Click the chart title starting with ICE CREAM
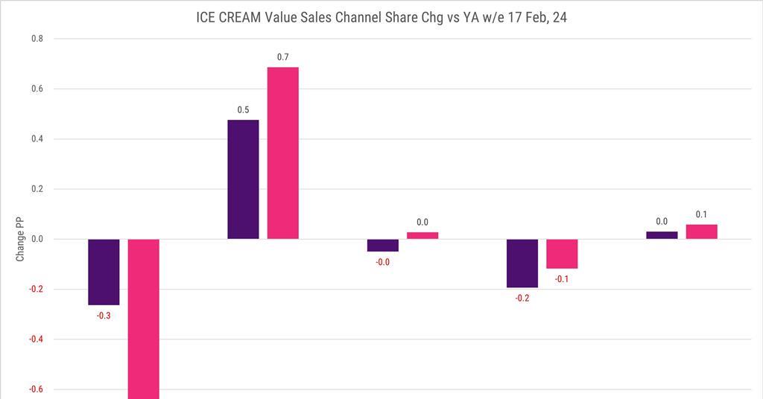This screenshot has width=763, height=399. [381, 17]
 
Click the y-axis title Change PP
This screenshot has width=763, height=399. [20, 239]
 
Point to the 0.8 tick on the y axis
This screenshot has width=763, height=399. [37, 39]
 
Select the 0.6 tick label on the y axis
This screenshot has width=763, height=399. [37, 89]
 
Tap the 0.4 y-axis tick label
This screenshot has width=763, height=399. [37, 138]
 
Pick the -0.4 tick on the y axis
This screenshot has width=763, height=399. [35, 339]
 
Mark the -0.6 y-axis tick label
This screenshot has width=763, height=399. [35, 389]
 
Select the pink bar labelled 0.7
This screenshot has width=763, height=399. [283, 153]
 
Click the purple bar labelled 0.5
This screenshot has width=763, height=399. [243, 179]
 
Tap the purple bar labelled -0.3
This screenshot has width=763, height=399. [104, 272]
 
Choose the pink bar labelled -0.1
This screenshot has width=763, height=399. [562, 254]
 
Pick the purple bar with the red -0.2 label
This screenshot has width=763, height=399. [522, 263]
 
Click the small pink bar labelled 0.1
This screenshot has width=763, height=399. [701, 232]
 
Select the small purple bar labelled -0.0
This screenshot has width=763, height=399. [382, 245]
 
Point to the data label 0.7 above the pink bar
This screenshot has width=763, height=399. [283, 57]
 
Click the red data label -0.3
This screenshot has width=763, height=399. [104, 316]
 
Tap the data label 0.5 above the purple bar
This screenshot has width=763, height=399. [243, 110]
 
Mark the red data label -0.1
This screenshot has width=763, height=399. [562, 279]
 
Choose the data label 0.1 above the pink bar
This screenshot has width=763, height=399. [701, 214]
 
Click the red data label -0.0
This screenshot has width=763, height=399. [382, 262]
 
